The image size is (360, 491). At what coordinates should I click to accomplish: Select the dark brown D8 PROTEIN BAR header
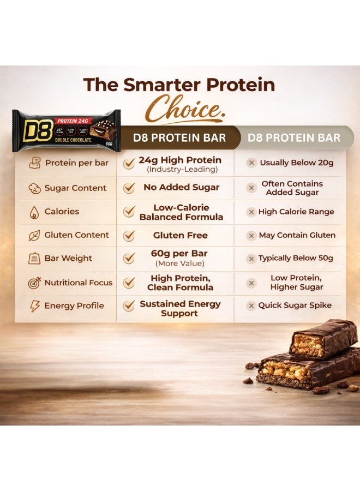(179, 137)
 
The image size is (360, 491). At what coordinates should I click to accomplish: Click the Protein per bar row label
(76, 163)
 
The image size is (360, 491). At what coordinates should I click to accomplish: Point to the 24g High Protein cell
(179, 164)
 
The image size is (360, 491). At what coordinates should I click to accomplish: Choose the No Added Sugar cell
(181, 187)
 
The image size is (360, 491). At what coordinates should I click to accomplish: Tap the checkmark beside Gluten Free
(129, 235)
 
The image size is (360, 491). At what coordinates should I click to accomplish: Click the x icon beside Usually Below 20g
(251, 163)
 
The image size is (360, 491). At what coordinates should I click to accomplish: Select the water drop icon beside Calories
(34, 212)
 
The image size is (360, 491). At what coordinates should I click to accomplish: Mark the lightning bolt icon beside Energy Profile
(34, 306)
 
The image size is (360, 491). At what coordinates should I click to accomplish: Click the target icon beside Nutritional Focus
(34, 283)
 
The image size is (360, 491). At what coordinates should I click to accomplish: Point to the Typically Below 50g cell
(296, 258)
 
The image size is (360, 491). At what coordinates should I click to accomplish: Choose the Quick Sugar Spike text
(295, 306)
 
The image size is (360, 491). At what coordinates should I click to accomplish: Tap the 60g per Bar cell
(179, 258)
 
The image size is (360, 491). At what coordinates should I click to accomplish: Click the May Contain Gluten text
(297, 235)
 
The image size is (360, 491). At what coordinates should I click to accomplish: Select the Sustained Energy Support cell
(180, 308)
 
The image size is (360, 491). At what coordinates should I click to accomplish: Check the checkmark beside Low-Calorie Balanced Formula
(129, 212)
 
